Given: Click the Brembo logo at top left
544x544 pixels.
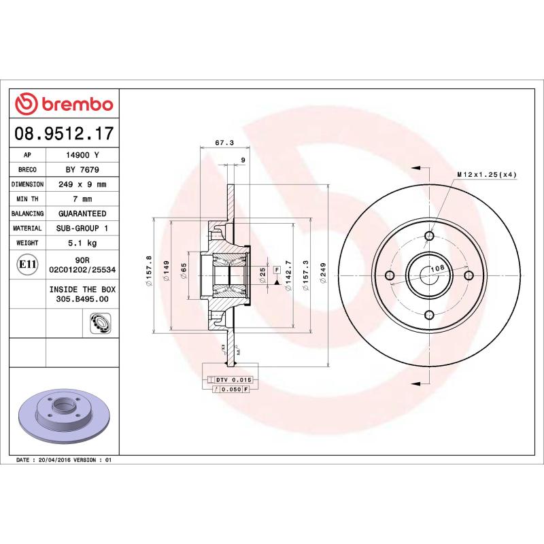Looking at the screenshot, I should pyautogui.click(x=64, y=104).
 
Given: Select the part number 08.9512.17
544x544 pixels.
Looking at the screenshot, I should pyautogui.click(x=64, y=134).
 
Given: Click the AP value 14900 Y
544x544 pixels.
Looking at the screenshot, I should pyautogui.click(x=82, y=155).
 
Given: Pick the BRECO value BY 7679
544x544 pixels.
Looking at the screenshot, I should pyautogui.click(x=82, y=170).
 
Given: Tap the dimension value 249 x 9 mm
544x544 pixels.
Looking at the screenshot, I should pyautogui.click(x=82, y=184).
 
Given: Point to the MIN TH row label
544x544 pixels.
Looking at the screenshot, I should pyautogui.click(x=27, y=199).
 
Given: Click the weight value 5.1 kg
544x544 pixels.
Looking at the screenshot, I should pyautogui.click(x=82, y=243).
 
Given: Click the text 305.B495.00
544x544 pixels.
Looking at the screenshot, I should pyautogui.click(x=82, y=299).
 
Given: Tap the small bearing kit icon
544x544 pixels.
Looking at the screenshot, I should pyautogui.click(x=99, y=324).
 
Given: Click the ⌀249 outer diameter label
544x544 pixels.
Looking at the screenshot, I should pyautogui.click(x=324, y=275).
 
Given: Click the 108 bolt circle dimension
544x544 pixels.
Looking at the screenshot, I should pyautogui.click(x=439, y=269).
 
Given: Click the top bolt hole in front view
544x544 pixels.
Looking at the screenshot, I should pyautogui.click(x=429, y=236).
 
